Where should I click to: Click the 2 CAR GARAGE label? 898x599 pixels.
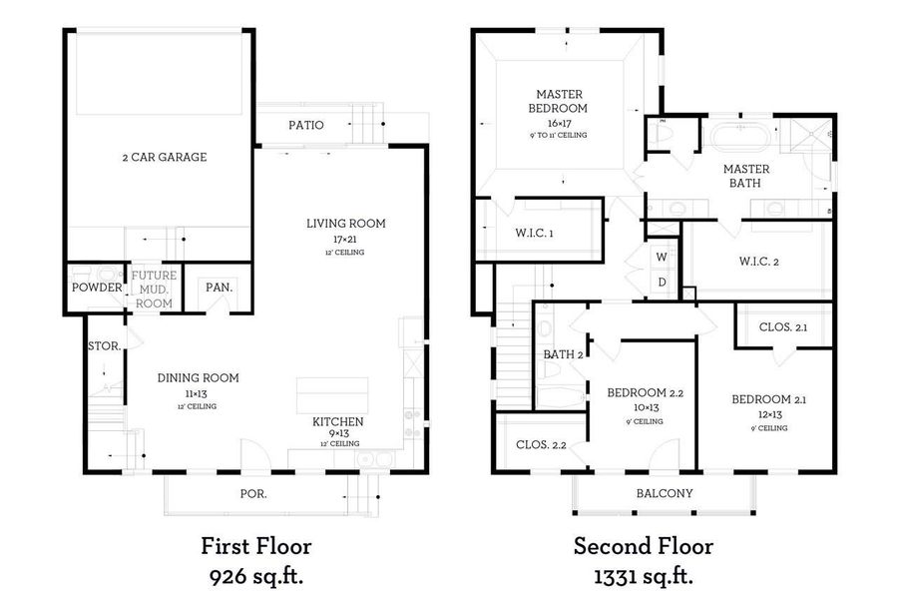pos(164,157)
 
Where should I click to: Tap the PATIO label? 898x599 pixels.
pos(305,125)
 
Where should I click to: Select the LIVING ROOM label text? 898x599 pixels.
pos(345,224)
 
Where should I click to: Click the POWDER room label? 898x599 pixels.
pos(96,288)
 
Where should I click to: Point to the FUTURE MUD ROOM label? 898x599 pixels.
pos(153,288)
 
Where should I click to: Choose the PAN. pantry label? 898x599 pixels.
pos(220,288)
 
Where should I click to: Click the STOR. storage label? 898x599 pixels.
pos(104,346)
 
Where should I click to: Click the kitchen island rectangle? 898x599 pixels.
pos(332,396)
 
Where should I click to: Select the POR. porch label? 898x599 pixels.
pos(253,493)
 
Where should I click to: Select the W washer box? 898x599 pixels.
pos(662,257)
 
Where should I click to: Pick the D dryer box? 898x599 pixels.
pos(662,282)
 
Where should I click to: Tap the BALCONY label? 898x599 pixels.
pos(665,493)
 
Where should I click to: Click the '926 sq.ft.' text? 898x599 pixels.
pos(255,576)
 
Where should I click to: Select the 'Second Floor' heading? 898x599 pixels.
pos(643,546)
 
